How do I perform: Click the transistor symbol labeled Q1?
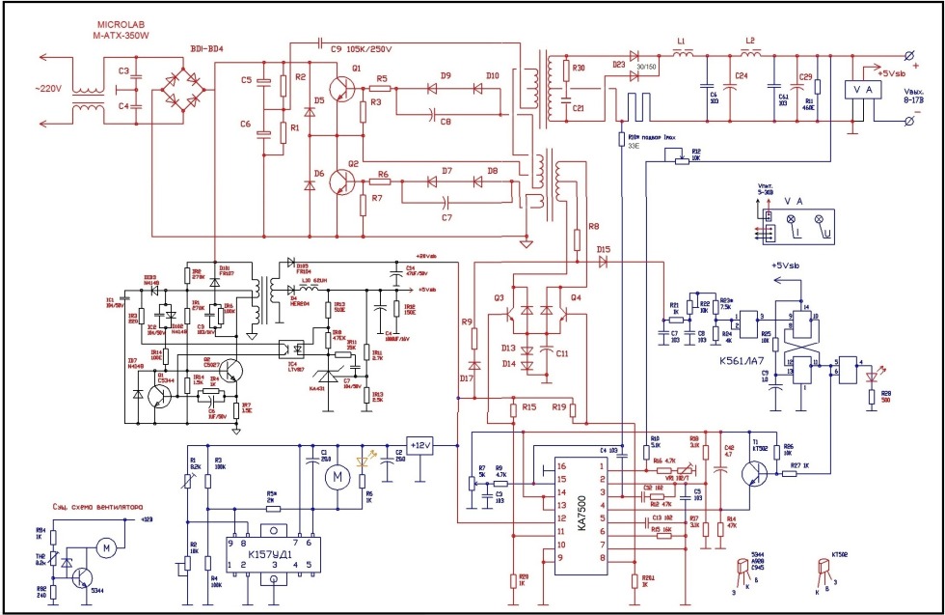click(340, 88)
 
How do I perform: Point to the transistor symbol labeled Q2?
click(340, 182)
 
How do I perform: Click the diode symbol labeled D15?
click(605, 262)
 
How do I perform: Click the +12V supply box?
click(421, 445)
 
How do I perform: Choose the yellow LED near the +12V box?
click(364, 460)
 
